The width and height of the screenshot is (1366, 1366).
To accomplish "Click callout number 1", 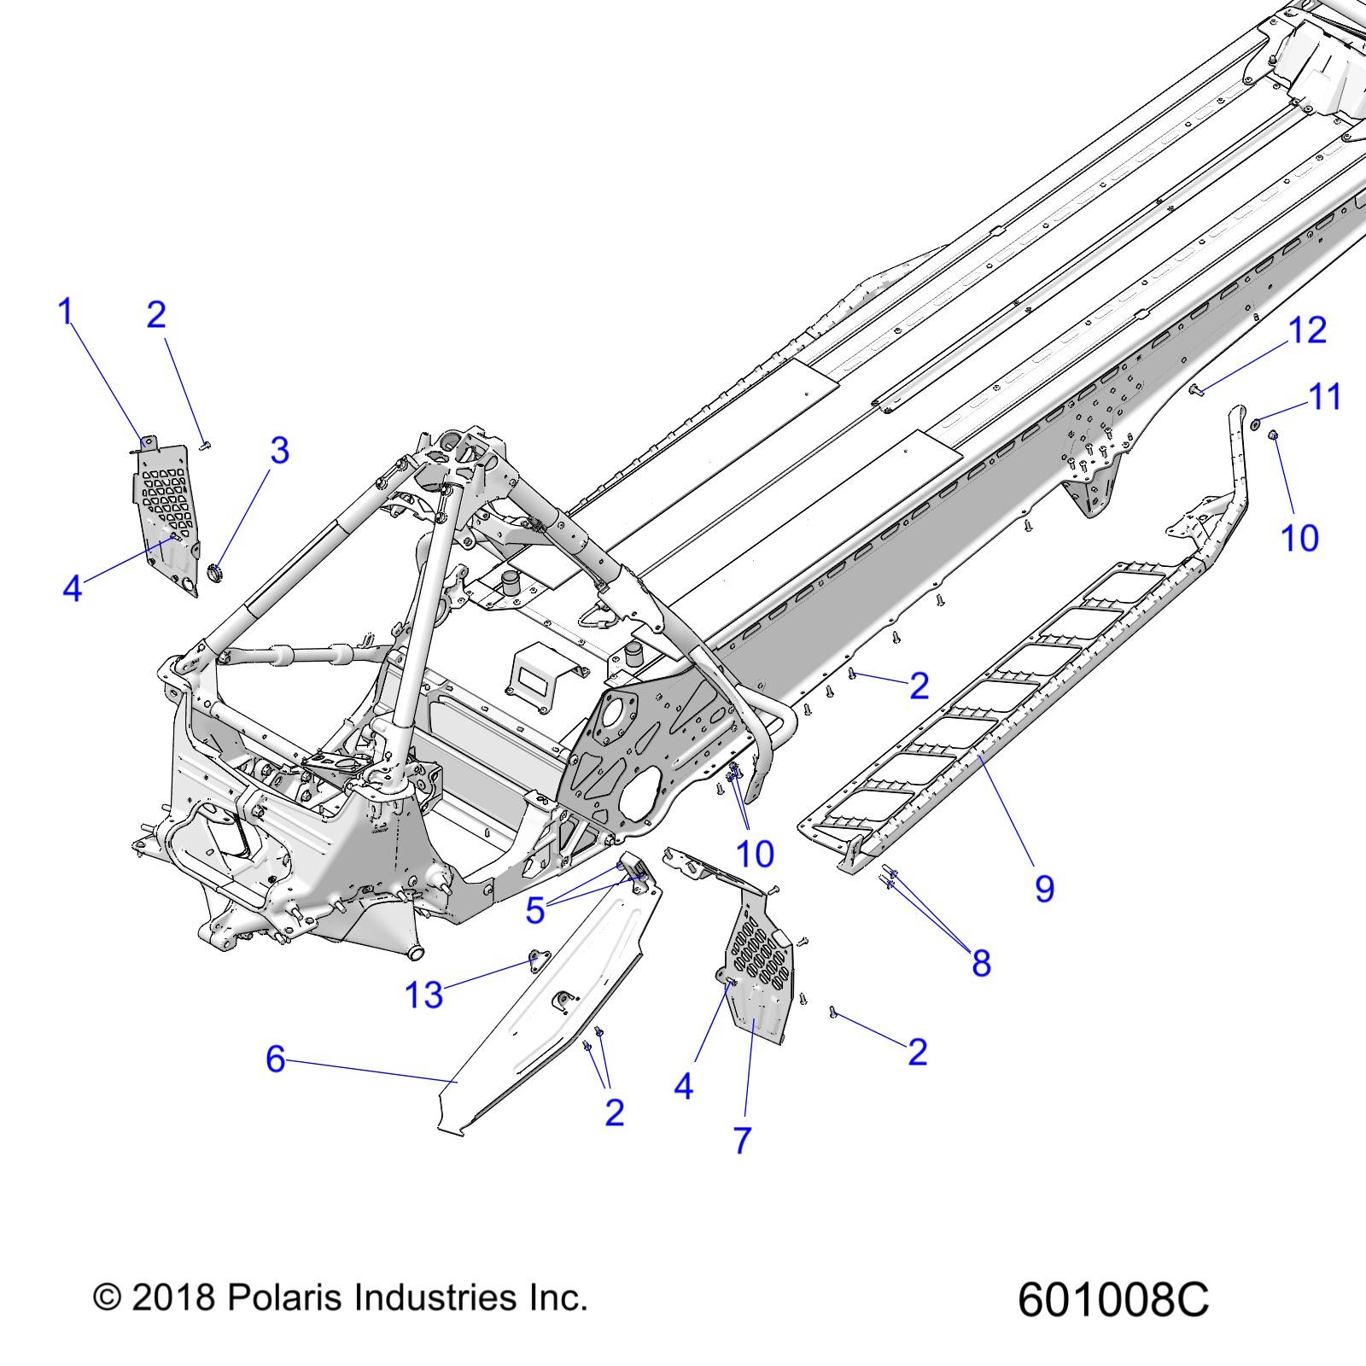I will coord(65,312).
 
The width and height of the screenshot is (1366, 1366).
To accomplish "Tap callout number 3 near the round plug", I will coord(280,451).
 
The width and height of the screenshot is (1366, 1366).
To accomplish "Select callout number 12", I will coord(1307,330).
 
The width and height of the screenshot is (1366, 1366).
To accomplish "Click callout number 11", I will coord(1325,397).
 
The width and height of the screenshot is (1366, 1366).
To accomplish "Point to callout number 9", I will coord(1044,889).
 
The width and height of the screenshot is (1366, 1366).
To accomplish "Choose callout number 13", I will coord(423,995).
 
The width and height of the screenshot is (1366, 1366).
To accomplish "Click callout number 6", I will coord(275,1060).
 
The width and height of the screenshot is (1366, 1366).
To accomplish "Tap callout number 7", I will coord(742,1140).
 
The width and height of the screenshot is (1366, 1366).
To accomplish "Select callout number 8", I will coord(981,963).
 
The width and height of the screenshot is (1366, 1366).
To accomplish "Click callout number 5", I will coord(534,911).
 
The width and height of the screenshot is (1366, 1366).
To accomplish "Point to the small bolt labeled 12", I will coord(1195,390).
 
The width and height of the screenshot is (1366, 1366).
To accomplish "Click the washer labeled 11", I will coord(1255,423).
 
